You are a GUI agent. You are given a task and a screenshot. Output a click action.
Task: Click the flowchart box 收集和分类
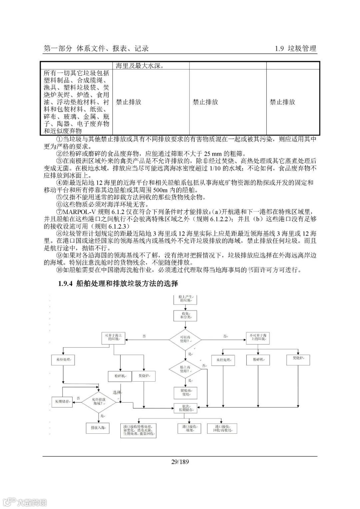pyautogui.click(x=185, y=315)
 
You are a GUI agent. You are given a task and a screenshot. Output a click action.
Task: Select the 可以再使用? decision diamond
pyautogui.click(x=185, y=339)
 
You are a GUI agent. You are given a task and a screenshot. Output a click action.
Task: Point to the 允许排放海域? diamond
pyautogui.click(x=99, y=401)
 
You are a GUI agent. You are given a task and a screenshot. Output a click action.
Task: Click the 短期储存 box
pyautogui.click(x=62, y=401)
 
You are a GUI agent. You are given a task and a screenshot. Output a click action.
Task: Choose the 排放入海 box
pyautogui.click(x=98, y=428)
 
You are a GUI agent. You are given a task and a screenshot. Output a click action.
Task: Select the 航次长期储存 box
pyautogui.click(x=186, y=408)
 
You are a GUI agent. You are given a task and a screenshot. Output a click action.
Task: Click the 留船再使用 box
pyautogui.click(x=185, y=392)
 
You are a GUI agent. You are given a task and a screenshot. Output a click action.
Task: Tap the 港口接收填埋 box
pyautogui.click(x=189, y=428)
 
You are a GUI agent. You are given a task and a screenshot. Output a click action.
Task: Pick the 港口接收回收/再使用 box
pyautogui.click(x=222, y=428)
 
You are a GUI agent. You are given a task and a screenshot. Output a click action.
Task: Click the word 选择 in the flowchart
pyautogui.click(x=117, y=392)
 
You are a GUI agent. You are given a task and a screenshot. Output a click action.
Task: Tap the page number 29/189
pyautogui.click(x=180, y=462)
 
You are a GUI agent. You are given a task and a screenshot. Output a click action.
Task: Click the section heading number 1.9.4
pyautogui.click(x=65, y=284)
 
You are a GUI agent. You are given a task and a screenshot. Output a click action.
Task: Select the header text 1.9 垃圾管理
pyautogui.click(x=295, y=48)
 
